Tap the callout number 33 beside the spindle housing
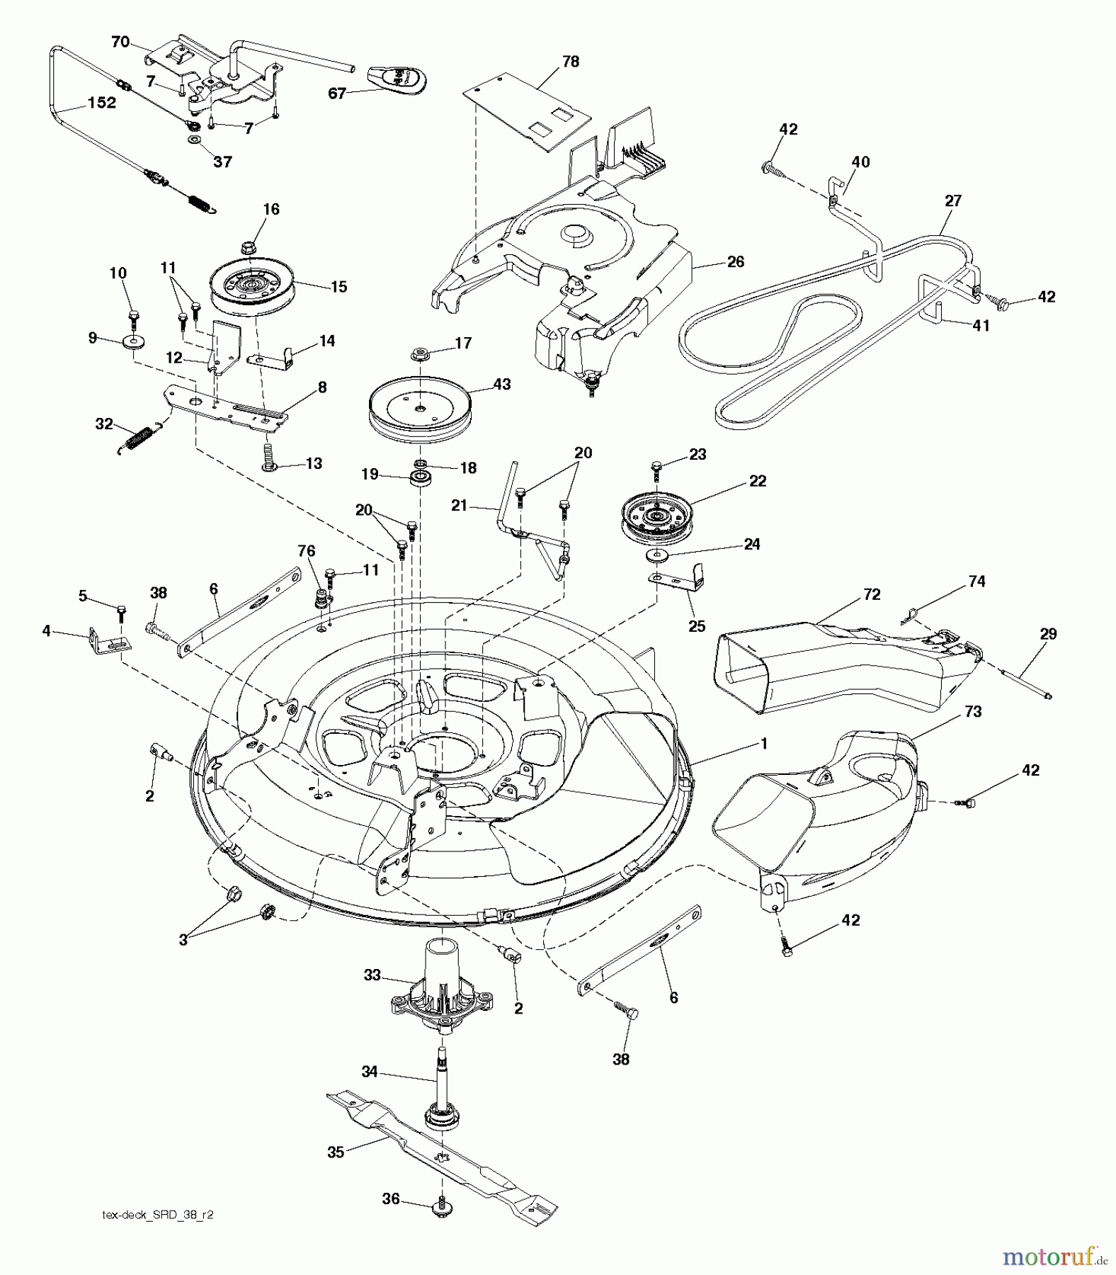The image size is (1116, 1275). pos(372,975)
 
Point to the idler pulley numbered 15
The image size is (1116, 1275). pos(252,287)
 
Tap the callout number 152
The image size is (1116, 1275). pos(101,103)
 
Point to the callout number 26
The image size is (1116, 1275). pos(736,261)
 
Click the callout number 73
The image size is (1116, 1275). pos(973,711)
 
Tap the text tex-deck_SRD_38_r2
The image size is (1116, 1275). pos(158,1214)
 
